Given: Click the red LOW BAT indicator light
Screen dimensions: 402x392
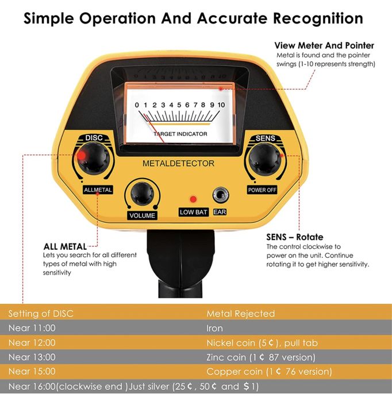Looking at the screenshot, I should point(193,199).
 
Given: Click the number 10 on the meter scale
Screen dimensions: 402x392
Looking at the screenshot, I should point(221,105).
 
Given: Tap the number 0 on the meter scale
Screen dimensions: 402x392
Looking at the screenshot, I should point(137,105).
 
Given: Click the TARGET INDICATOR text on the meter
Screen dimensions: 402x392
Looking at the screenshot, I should point(180,134).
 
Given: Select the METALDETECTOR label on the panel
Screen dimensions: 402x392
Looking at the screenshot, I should point(178,164).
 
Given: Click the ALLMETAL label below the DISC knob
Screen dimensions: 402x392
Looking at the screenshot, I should point(98,190).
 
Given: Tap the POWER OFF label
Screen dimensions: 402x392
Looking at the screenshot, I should point(262,190).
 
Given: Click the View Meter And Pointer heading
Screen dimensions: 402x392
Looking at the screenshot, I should point(324,45).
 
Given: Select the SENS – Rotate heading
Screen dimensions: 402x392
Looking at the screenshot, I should point(294,237).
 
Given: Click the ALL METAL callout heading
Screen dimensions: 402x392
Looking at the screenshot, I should point(65,247).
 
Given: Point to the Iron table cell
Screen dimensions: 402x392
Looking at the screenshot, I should point(214,328).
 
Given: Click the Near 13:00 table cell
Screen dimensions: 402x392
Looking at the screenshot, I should point(32,357).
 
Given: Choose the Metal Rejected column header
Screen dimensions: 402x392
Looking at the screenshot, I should point(240,314).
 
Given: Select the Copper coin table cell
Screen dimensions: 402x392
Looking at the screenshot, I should point(268,372).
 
